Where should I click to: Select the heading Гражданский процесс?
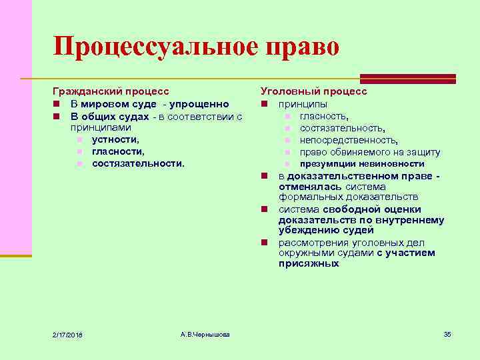[111, 91]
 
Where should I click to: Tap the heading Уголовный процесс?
[314, 91]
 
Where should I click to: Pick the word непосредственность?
[349, 140]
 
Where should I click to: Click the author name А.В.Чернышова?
[205, 333]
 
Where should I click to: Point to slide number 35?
[447, 333]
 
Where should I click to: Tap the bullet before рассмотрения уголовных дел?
[265, 243]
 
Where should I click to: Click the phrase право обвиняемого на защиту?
[370, 152]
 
